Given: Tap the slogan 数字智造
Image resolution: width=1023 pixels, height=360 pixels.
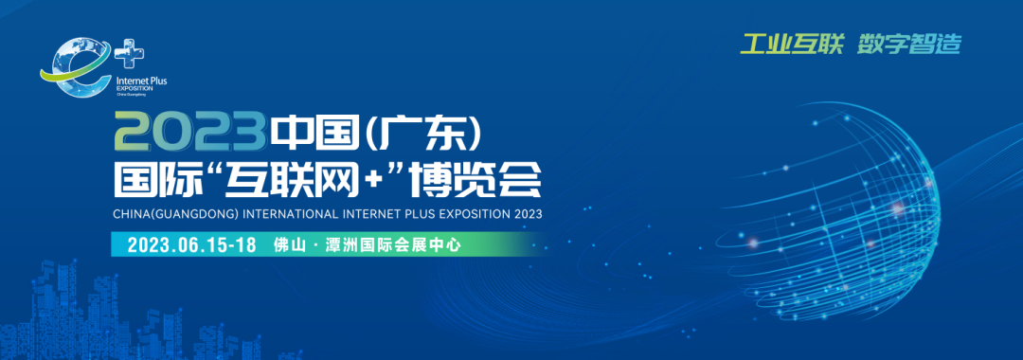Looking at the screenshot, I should click(909, 44).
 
